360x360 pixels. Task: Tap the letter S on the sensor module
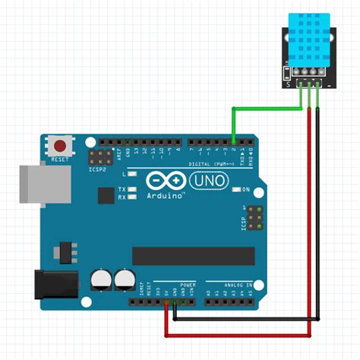click(x=288, y=84)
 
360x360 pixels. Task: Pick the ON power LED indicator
click(x=236, y=188)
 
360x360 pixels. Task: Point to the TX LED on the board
click(x=132, y=188)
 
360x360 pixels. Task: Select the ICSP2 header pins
click(x=97, y=159)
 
